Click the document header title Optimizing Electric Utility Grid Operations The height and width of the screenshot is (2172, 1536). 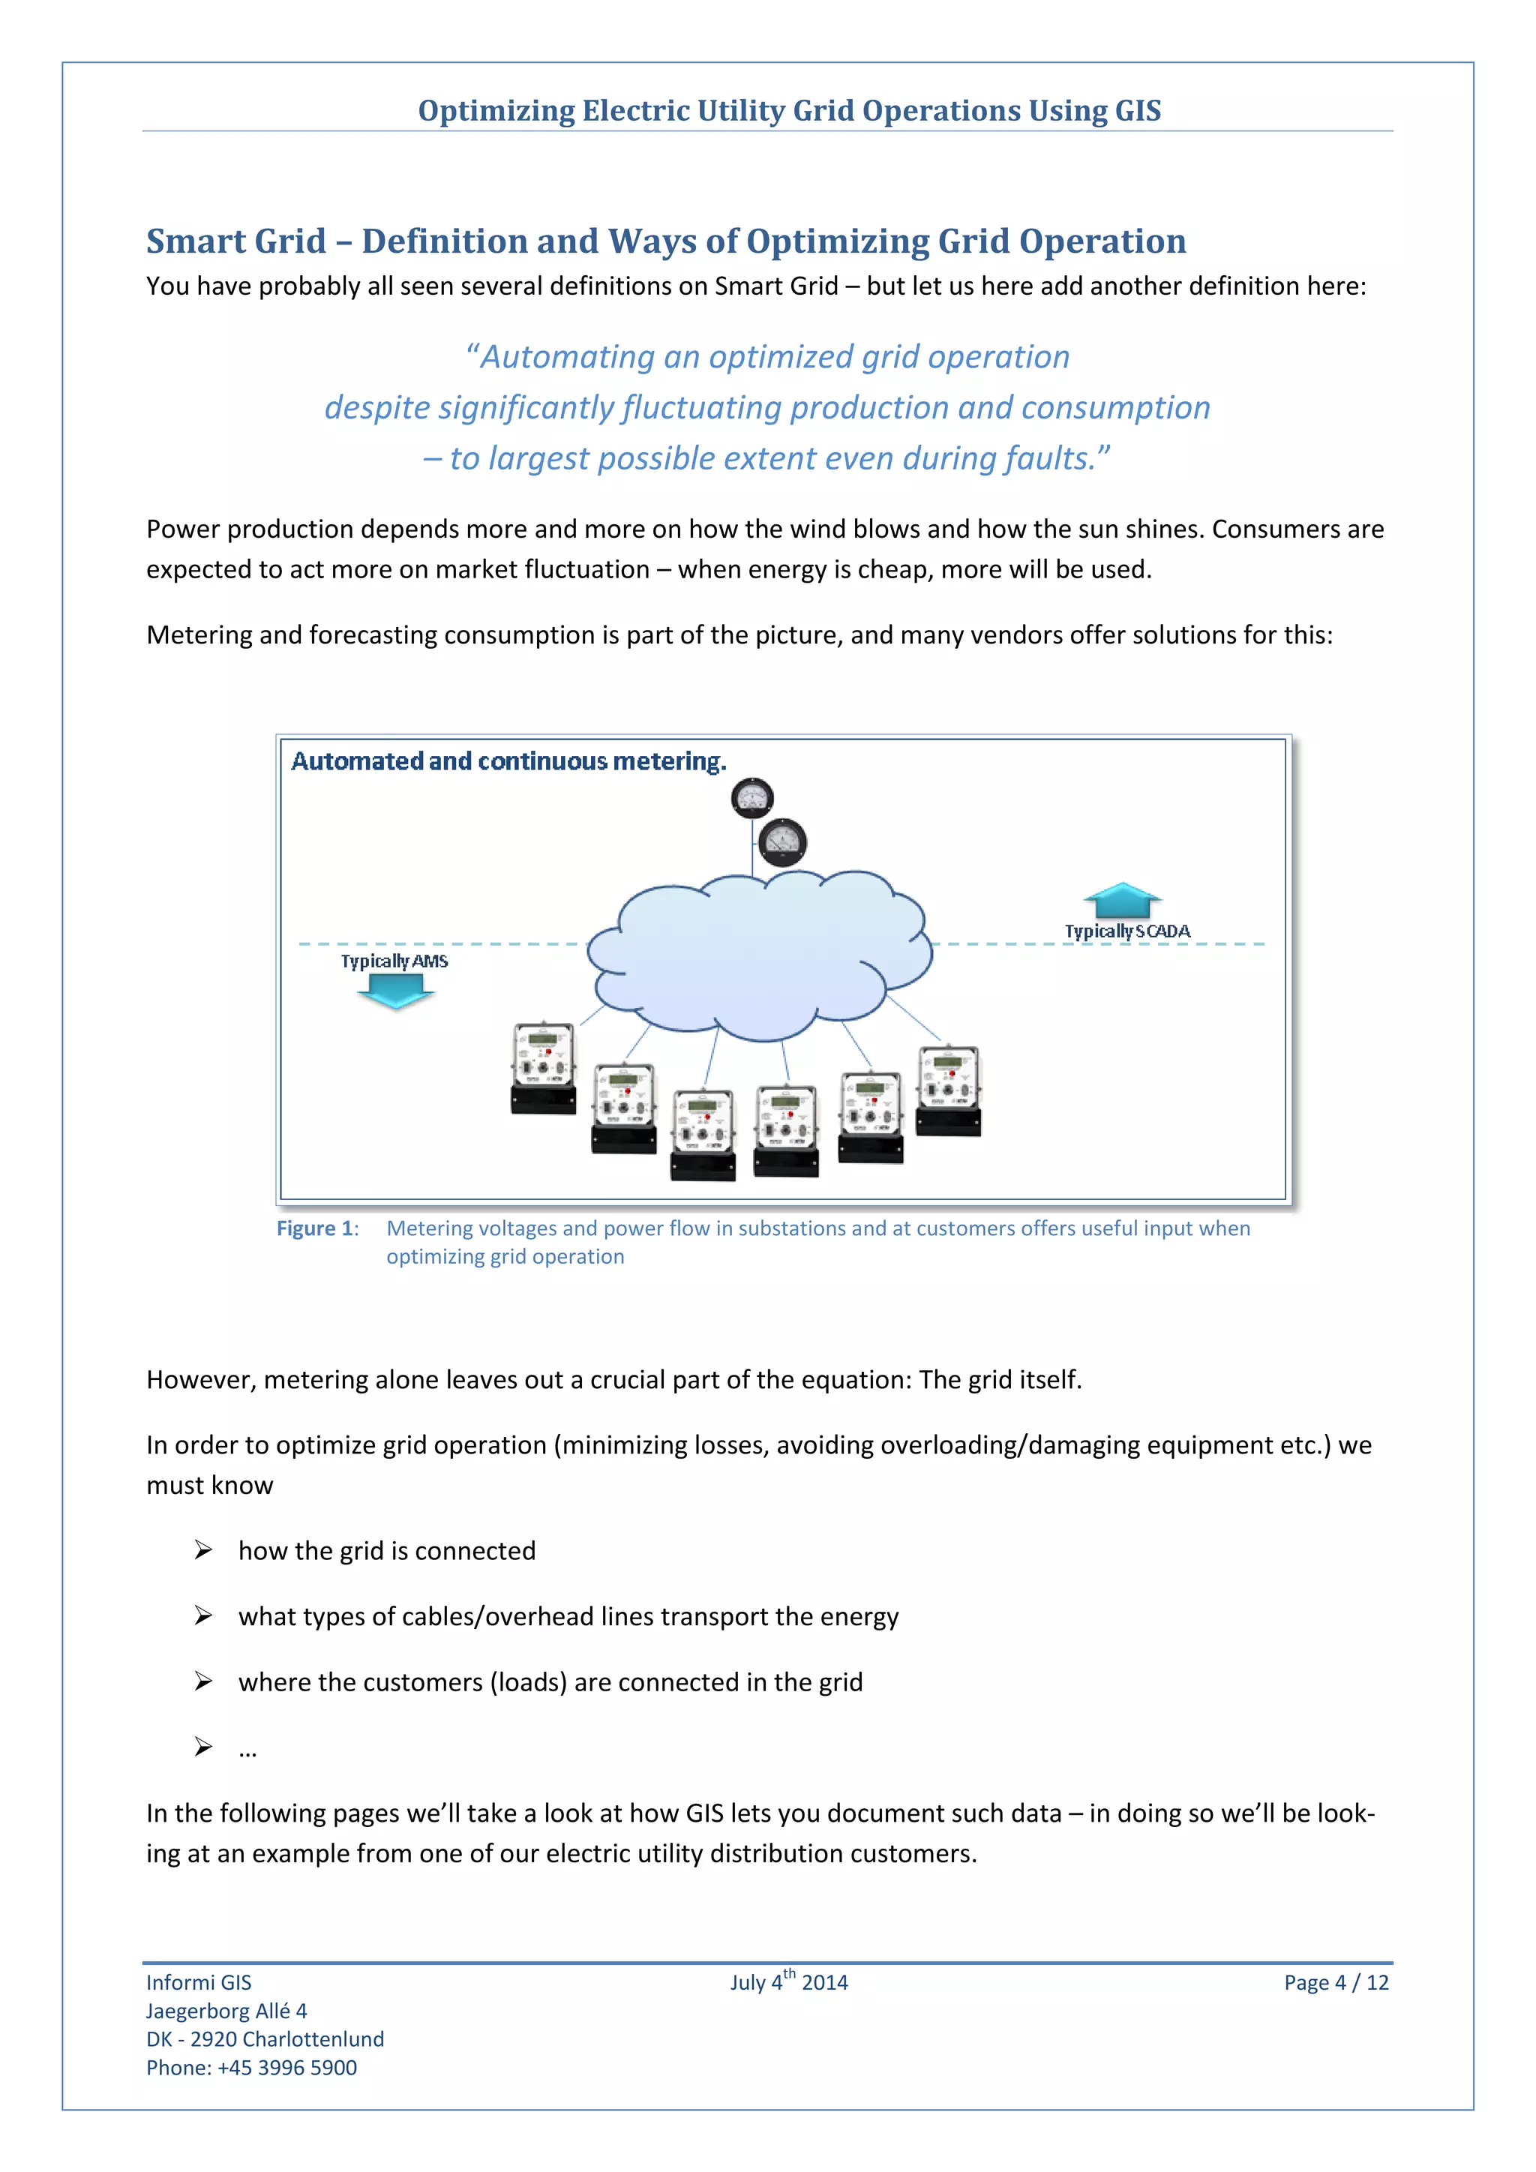pos(789,111)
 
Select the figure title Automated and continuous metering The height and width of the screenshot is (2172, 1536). pos(508,761)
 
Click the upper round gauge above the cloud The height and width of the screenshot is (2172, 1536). pos(752,799)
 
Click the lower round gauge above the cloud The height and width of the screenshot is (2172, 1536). pos(782,841)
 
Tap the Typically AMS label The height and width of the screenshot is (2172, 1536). pos(394,961)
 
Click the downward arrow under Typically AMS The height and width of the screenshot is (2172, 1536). pos(395,991)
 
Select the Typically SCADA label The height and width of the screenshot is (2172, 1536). pos(1126,931)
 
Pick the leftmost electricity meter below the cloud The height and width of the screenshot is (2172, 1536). pos(543,1068)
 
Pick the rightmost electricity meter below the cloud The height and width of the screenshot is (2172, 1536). pos(949,1090)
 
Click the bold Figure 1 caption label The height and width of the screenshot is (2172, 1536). pos(316,1228)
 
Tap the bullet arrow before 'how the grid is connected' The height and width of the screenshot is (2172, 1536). pos(203,1549)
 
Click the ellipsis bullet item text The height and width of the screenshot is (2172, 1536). pos(247,1748)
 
